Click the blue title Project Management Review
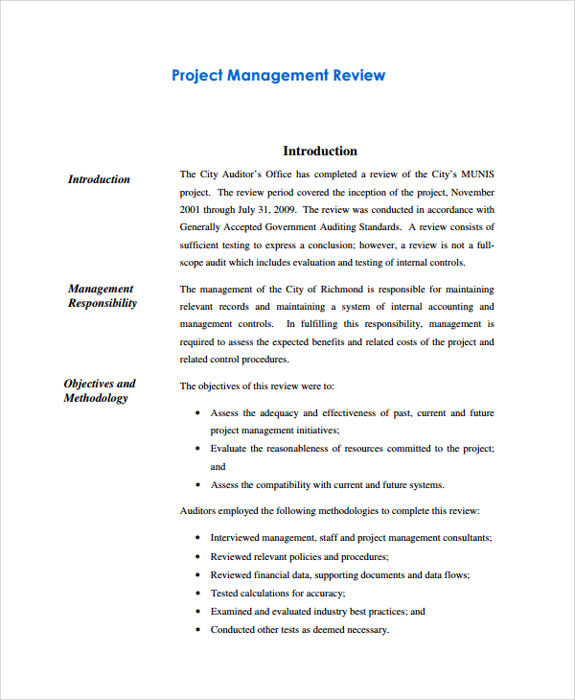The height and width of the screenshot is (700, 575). pyautogui.click(x=278, y=75)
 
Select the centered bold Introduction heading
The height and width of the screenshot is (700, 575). pyautogui.click(x=320, y=151)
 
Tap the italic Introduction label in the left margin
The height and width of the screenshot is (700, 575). pyautogui.click(x=99, y=179)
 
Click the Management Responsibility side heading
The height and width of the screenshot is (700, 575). pyautogui.click(x=102, y=295)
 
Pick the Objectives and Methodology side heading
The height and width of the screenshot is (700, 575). pyautogui.click(x=100, y=390)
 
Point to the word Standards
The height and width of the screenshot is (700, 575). pyautogui.click(x=379, y=227)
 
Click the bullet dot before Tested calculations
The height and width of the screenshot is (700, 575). pyautogui.click(x=196, y=594)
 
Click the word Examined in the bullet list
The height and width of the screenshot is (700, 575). pyautogui.click(x=233, y=611)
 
